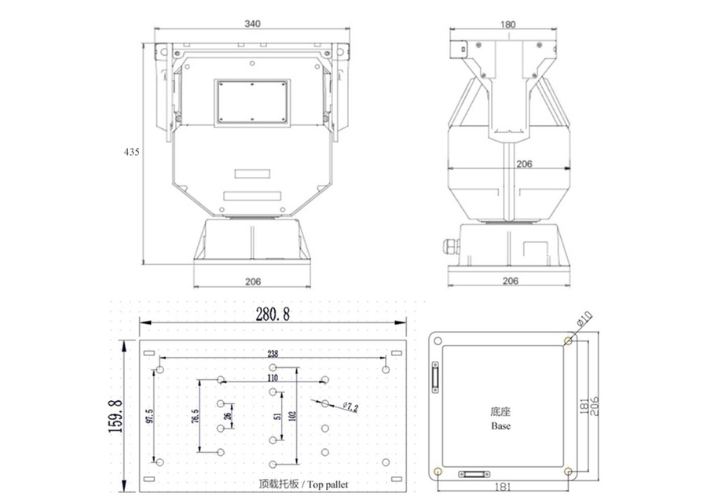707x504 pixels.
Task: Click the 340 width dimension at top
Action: (251, 24)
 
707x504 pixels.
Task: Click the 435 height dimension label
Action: (131, 153)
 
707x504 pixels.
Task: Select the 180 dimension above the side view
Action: (508, 24)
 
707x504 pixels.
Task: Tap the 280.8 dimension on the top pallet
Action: (273, 315)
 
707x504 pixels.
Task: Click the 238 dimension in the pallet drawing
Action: (273, 354)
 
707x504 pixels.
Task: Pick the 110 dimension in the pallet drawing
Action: (273, 378)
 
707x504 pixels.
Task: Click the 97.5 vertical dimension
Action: (150, 415)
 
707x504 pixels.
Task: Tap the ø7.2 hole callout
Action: (350, 407)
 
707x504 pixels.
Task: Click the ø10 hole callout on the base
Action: (584, 321)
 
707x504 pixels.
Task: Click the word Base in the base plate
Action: (501, 426)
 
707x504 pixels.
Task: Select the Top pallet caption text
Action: (302, 484)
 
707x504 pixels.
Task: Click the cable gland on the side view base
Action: (452, 247)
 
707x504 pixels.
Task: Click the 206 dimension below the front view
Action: (251, 281)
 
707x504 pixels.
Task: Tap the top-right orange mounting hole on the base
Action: (567, 340)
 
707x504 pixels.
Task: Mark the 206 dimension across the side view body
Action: (524, 164)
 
